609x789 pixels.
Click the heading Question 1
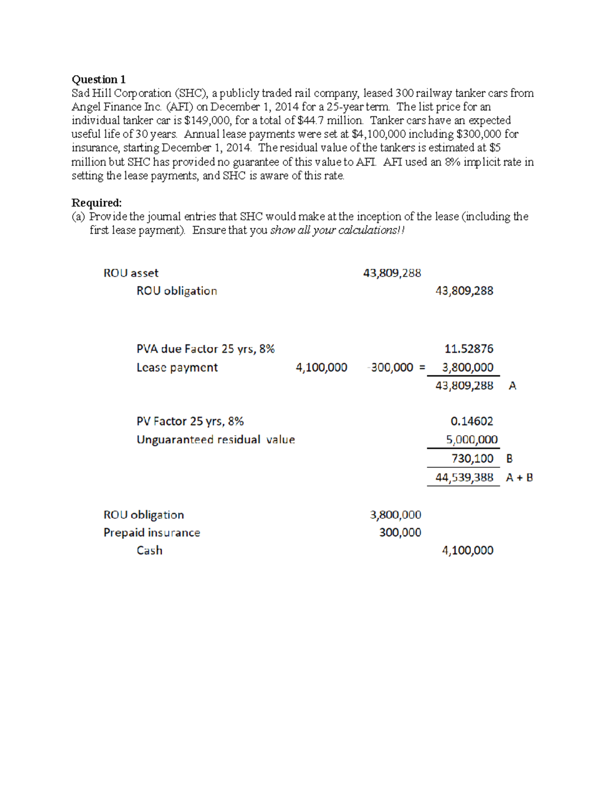(x=98, y=79)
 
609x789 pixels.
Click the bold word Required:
(x=96, y=203)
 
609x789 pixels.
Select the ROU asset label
(x=131, y=273)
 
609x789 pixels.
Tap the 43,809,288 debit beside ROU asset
(x=392, y=273)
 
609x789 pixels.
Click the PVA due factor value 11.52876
(x=468, y=349)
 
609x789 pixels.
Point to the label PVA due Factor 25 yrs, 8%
(x=206, y=349)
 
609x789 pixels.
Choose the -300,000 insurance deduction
(x=391, y=367)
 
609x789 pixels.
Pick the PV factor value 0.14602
(x=471, y=421)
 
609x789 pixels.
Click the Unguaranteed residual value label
(x=216, y=439)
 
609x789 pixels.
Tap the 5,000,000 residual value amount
(x=471, y=439)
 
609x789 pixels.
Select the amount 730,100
(x=472, y=459)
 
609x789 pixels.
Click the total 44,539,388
(x=464, y=478)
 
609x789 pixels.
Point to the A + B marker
(x=519, y=478)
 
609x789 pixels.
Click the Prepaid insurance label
(x=152, y=532)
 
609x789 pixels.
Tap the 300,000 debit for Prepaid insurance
(x=400, y=532)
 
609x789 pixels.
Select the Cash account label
(x=149, y=551)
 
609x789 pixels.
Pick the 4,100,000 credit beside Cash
(x=467, y=551)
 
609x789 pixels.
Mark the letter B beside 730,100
(x=510, y=459)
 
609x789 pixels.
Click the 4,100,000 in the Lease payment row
(x=321, y=367)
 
